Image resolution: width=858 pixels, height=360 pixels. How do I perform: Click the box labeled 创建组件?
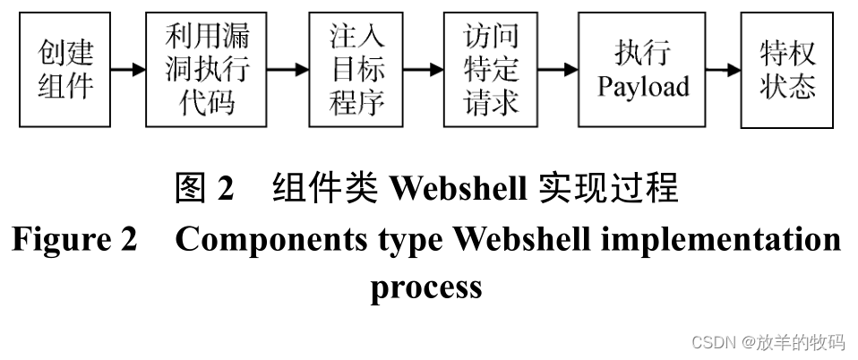point(66,70)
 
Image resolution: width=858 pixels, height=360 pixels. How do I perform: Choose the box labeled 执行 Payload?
point(642,70)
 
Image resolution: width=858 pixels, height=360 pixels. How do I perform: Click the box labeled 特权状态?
point(787,70)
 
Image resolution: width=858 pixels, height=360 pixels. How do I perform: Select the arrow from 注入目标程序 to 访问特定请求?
point(424,70)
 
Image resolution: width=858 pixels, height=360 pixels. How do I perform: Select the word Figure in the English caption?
point(61,240)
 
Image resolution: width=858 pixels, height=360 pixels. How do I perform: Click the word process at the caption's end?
point(426,287)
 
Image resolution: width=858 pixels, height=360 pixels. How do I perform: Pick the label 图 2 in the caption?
point(204,188)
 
